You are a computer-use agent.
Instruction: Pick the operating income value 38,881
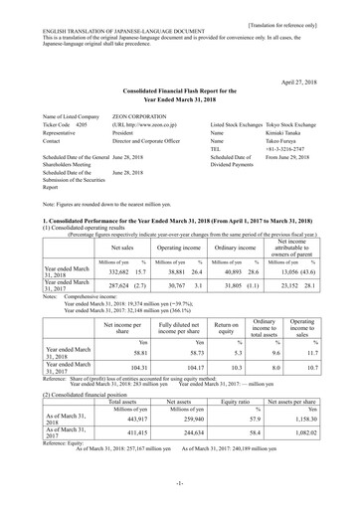point(155,243)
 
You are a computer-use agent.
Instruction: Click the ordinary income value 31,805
point(217,259)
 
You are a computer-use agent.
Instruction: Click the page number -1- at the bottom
point(180,491)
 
